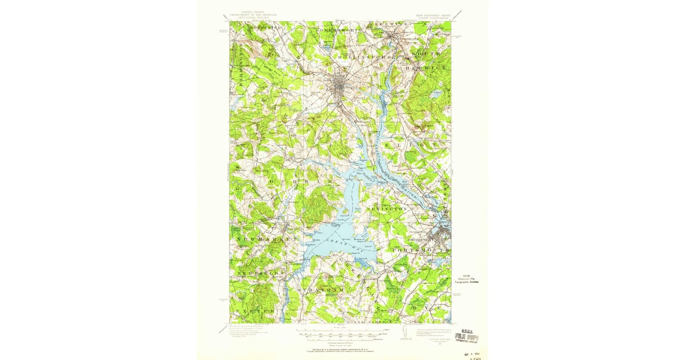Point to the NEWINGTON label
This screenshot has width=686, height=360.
coord(387,209)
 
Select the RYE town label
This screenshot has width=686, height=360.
coord(432,307)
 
